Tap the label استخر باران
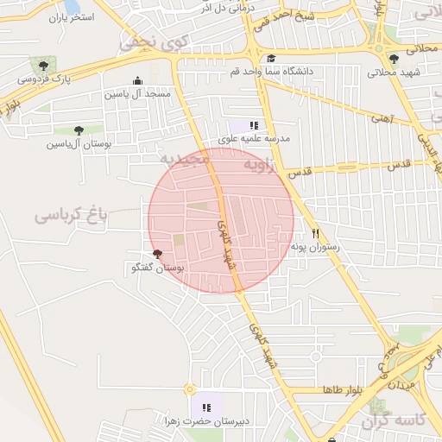pos(70,16)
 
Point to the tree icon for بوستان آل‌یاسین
pos(79,130)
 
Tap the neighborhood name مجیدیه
pos(185,161)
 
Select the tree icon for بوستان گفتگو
pos(156,254)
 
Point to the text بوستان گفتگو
pos(157,268)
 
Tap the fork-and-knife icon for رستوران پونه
pos(316,234)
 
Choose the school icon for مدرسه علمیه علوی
pos(253,125)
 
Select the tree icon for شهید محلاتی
pos(394,59)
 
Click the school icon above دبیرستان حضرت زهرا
pos(206,407)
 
